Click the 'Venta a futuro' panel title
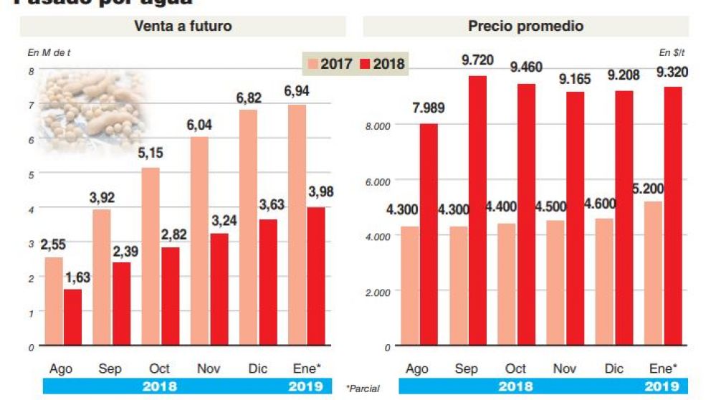(x=183, y=27)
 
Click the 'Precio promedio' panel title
(x=525, y=27)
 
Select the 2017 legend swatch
(x=312, y=64)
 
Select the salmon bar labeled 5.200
(x=654, y=273)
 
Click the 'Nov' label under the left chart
(x=208, y=368)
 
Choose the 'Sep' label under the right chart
(x=467, y=368)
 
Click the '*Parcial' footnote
(x=363, y=389)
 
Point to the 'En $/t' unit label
(x=673, y=52)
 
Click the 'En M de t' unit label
(x=49, y=52)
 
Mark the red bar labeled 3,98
(x=316, y=277)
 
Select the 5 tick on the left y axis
(x=31, y=173)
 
